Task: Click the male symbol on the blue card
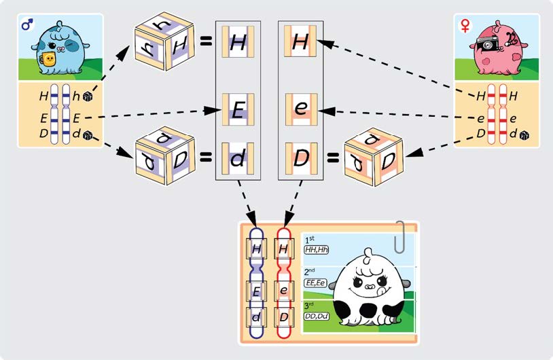tap(27, 26)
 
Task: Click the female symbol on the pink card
tap(465, 25)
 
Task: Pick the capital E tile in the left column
tap(237, 109)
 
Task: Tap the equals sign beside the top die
tap(206, 41)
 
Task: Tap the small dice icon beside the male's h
tap(88, 97)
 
